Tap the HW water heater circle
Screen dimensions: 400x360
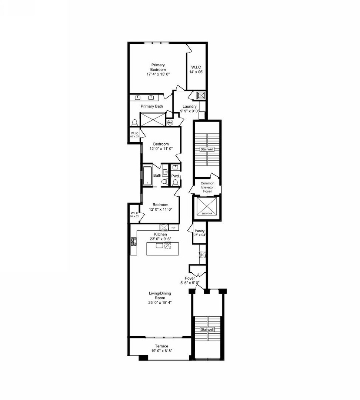point(170,122)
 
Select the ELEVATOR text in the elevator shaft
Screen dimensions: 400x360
point(206,214)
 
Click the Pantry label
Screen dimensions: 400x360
point(200,231)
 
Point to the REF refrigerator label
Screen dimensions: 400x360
point(173,227)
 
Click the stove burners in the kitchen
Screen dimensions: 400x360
point(133,241)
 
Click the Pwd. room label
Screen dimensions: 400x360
point(175,176)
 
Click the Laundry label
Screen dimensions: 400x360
point(189,107)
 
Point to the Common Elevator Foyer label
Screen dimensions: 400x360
point(207,187)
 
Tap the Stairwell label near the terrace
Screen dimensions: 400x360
point(207,329)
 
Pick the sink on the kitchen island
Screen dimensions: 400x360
point(159,246)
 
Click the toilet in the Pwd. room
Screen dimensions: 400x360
point(176,182)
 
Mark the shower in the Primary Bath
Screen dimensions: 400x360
point(153,119)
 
